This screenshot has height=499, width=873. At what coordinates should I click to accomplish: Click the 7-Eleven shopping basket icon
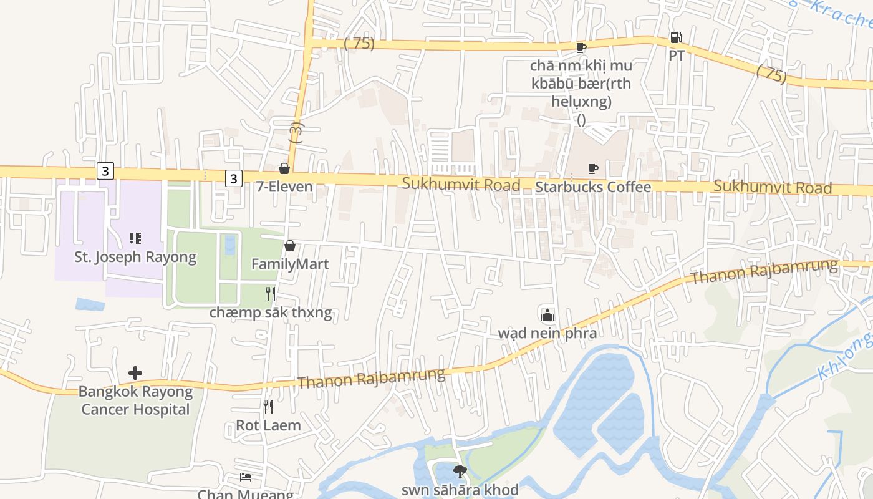tap(284, 168)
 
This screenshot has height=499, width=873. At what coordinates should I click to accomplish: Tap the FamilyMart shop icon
tap(289, 246)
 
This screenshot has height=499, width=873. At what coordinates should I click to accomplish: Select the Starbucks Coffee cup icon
tap(592, 168)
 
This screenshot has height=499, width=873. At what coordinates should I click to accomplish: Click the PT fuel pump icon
tap(676, 37)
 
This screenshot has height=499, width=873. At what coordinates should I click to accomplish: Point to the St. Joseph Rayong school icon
tap(135, 238)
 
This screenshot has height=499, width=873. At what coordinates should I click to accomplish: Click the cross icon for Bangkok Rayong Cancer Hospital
tap(135, 373)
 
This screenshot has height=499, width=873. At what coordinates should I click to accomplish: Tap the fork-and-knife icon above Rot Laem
tap(268, 407)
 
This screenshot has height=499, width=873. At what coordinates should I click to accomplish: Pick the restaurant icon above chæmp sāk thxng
tap(270, 293)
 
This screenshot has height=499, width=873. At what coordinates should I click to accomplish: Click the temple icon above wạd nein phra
tap(547, 314)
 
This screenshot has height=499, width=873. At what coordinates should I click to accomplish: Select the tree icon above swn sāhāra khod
tap(460, 472)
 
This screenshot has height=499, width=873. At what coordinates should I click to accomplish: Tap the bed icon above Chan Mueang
tap(246, 477)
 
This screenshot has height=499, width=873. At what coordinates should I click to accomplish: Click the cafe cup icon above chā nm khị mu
tap(581, 47)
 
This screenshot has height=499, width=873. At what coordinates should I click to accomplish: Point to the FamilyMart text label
tap(289, 264)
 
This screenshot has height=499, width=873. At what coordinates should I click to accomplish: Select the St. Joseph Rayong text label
tap(135, 257)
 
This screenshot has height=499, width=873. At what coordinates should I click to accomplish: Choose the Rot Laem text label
tap(268, 425)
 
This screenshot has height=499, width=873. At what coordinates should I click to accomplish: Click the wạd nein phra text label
tap(547, 333)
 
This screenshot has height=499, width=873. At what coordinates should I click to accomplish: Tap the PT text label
tap(676, 56)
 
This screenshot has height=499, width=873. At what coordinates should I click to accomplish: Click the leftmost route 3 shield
tap(105, 170)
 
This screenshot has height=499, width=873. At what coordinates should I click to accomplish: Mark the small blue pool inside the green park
tap(230, 245)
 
